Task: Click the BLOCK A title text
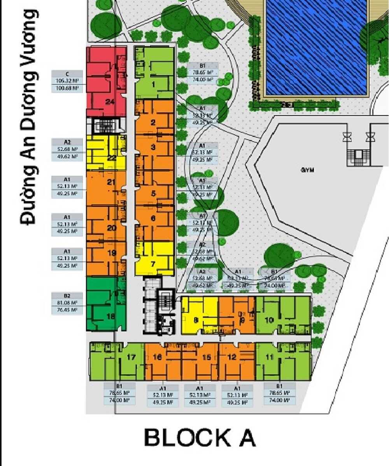[200, 438]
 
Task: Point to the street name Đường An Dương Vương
[29, 117]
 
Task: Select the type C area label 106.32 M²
[67, 81]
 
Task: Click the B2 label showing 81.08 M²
[67, 303]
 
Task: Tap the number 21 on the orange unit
[112, 182]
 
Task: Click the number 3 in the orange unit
[153, 147]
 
